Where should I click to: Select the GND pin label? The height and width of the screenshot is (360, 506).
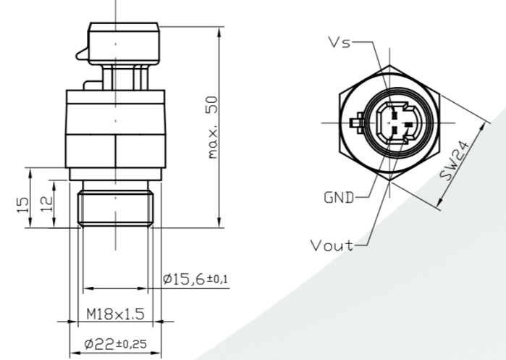[338, 196]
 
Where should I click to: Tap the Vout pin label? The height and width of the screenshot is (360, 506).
[332, 245]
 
